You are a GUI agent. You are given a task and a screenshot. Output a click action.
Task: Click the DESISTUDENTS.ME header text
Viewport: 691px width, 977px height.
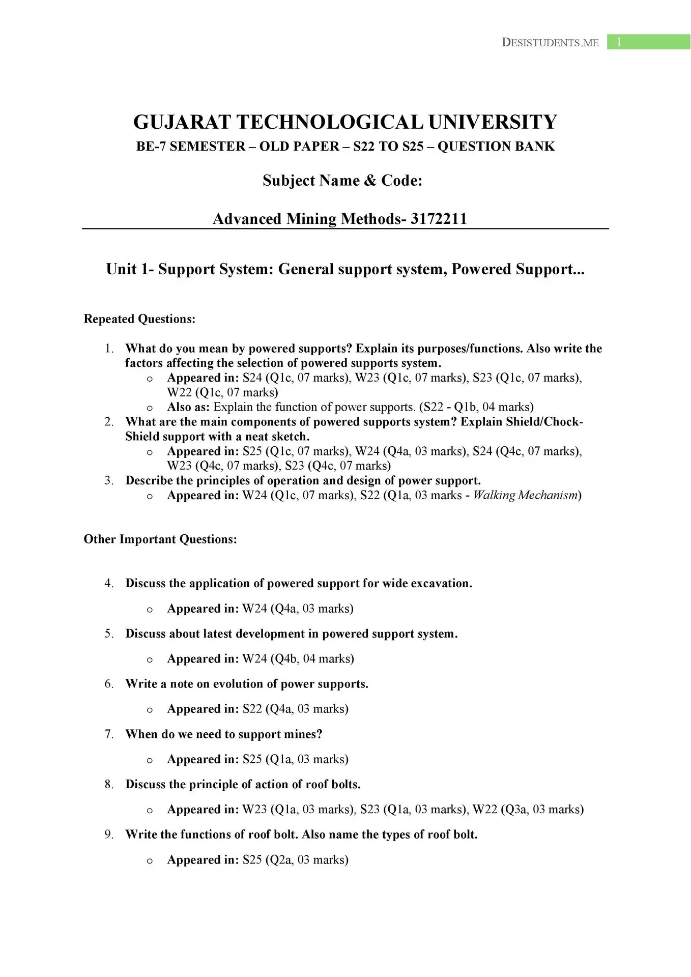(x=550, y=43)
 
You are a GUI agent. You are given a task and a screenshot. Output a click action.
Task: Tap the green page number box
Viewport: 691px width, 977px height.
(x=648, y=42)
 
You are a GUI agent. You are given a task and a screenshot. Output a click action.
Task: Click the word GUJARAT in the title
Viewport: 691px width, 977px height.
(x=183, y=122)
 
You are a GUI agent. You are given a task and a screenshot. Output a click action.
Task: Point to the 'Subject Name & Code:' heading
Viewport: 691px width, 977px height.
(x=342, y=181)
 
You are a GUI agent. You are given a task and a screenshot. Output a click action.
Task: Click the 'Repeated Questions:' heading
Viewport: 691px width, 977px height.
(x=139, y=319)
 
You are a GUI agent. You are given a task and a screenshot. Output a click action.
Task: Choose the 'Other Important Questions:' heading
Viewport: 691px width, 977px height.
(x=160, y=539)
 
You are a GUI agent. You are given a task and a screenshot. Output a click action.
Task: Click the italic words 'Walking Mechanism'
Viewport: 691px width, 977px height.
(x=526, y=495)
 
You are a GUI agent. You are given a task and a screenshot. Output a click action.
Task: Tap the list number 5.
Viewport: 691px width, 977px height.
(x=109, y=634)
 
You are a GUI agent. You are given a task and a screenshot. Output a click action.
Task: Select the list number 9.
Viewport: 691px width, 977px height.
(x=109, y=835)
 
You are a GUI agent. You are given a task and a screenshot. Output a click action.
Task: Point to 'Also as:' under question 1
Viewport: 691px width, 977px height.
(x=188, y=407)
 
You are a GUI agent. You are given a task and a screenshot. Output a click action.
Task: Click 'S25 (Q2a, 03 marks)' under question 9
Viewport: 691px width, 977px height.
(x=295, y=860)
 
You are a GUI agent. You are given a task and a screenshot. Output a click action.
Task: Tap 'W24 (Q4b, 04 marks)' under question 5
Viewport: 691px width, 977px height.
(x=298, y=659)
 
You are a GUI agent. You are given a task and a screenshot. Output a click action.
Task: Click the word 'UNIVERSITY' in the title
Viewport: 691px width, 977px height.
(x=493, y=122)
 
